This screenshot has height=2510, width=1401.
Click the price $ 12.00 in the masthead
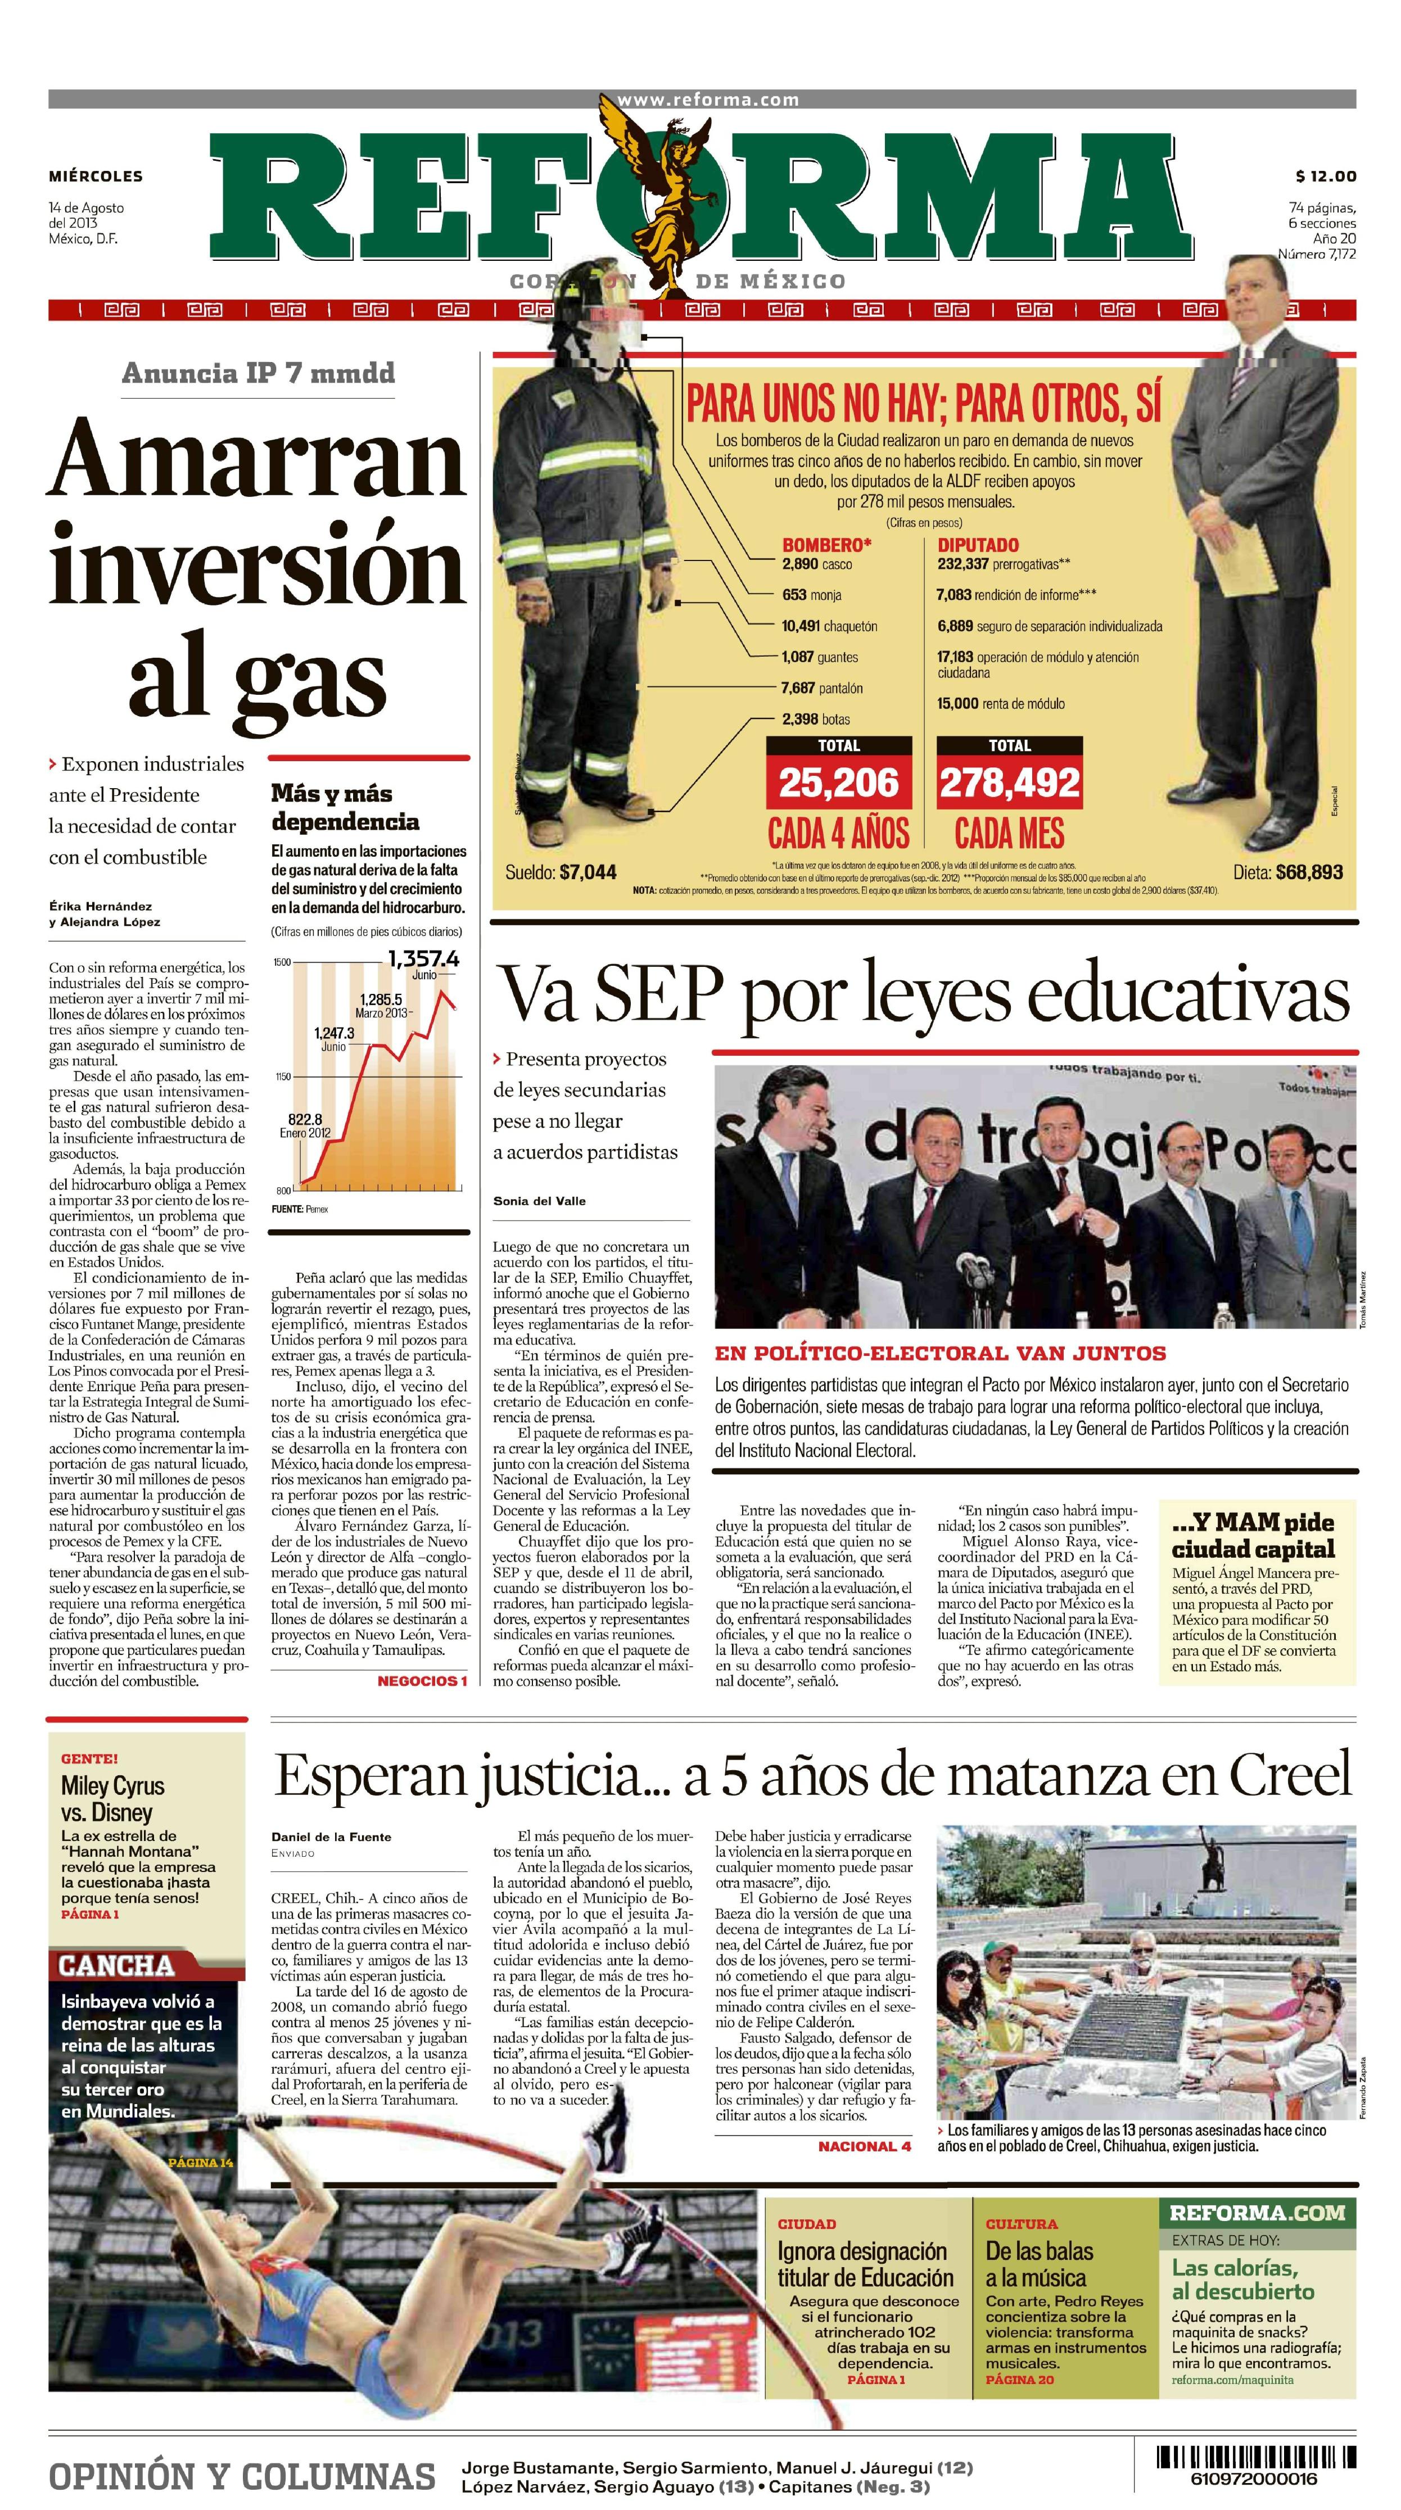click(x=1325, y=177)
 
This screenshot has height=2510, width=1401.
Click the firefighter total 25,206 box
click(x=838, y=783)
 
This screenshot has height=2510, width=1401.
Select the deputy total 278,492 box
click(x=1009, y=783)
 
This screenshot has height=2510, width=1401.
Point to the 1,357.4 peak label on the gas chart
click(x=423, y=959)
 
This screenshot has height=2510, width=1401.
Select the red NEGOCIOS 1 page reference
click(x=422, y=1681)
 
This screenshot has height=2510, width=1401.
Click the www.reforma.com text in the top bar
click(x=707, y=100)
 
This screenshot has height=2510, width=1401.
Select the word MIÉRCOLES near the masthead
click(x=96, y=177)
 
